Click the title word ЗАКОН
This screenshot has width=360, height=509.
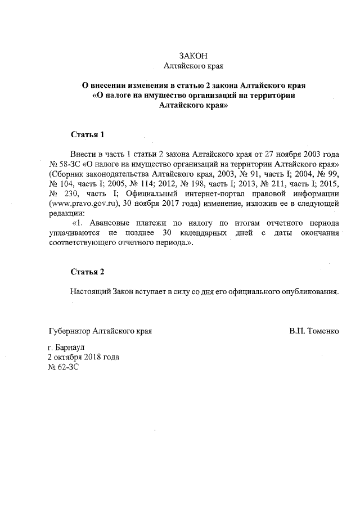(x=193, y=56)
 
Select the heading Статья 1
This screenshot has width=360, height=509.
(x=87, y=135)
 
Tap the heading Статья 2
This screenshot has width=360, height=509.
(x=87, y=272)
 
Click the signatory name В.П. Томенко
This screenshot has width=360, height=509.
(x=314, y=331)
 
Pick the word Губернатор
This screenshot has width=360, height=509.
(x=69, y=331)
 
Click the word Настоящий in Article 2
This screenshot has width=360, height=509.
(x=90, y=292)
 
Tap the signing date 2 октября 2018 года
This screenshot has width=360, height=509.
(x=84, y=357)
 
